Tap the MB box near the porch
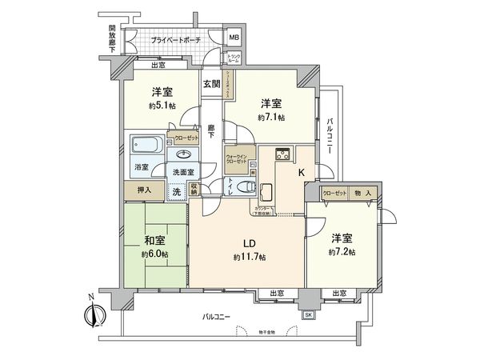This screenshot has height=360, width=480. pos(234,38)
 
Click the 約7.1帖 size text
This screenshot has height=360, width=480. pos(270,118)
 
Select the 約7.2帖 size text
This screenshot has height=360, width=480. pos(342,253)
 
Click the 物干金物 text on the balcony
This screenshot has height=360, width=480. pos(272,332)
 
